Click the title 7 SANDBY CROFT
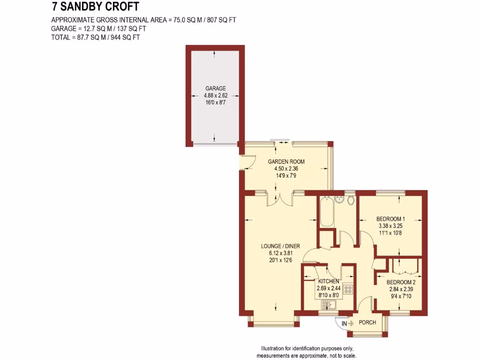95,7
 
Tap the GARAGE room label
215,88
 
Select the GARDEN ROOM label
286,162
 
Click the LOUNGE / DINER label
280,246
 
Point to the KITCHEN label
328,281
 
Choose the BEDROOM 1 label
390,218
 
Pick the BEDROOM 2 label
401,282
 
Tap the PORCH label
367,322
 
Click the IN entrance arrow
347,323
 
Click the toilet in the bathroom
350,200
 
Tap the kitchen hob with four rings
348,290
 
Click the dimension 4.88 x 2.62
215,95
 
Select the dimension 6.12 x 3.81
280,253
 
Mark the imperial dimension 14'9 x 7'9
286,176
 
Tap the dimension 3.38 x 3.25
390,225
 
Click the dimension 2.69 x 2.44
328,288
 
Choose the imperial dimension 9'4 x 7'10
401,296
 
